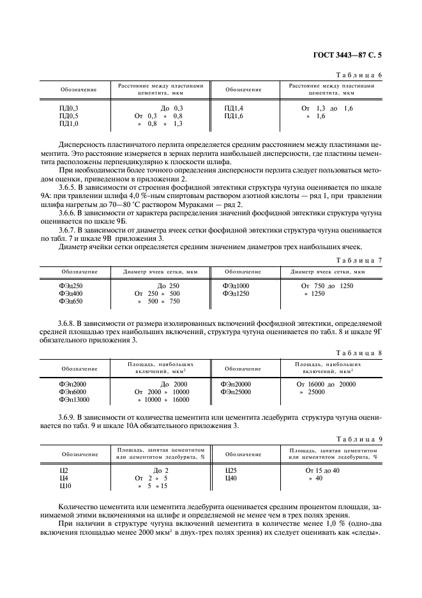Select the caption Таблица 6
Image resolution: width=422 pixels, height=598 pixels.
[x=360, y=75]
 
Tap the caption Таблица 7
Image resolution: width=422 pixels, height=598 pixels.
[x=360, y=260]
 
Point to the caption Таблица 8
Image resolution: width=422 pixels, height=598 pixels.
[x=360, y=353]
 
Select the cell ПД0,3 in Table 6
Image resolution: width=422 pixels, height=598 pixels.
[x=68, y=109]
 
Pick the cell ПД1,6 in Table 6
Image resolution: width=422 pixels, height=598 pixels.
[x=234, y=116]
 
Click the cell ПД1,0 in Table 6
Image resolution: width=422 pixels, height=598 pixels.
[x=68, y=124]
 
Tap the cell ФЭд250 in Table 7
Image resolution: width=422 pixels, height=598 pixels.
[x=71, y=286]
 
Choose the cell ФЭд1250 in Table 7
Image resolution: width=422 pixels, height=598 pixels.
[x=236, y=293]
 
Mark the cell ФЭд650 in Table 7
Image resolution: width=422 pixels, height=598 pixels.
[x=71, y=301]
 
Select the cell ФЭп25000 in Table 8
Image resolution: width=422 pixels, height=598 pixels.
[x=236, y=392]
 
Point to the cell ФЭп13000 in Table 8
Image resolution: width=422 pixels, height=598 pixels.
[x=73, y=400]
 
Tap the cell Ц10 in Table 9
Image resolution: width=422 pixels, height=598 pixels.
[x=64, y=486]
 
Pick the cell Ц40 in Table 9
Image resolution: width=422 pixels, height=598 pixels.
[x=230, y=479]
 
